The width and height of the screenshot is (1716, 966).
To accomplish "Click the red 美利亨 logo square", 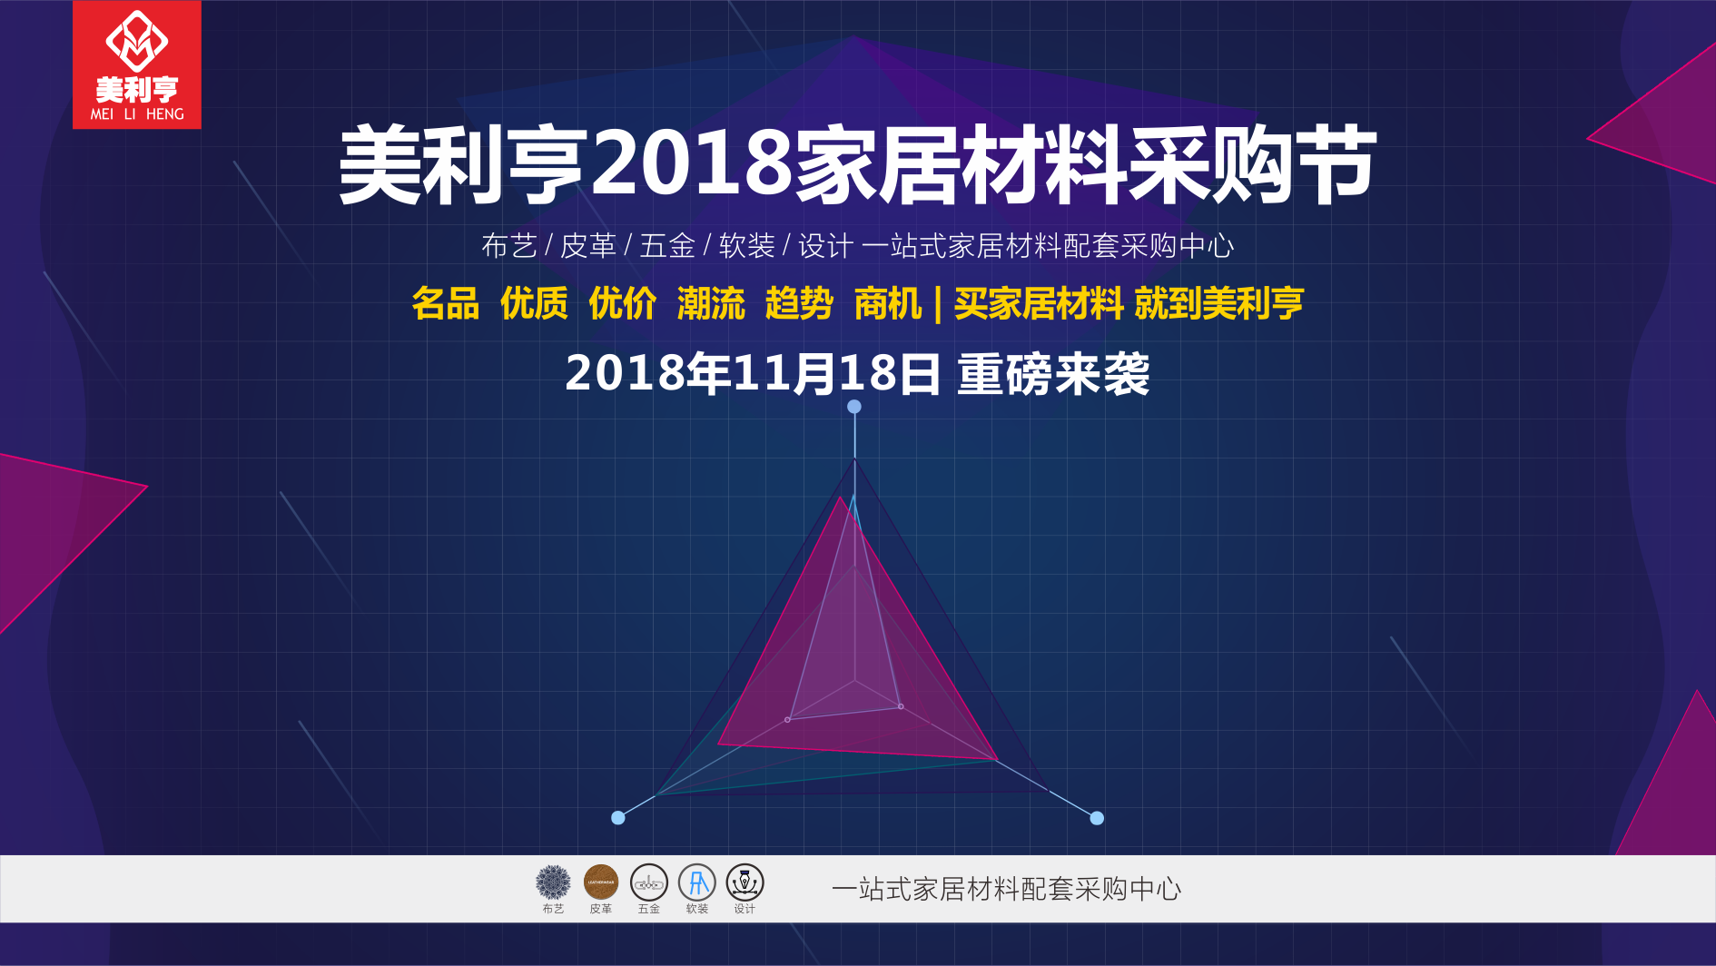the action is pyautogui.click(x=137, y=64).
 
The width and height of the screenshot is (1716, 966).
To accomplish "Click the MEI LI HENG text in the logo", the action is pyautogui.click(x=137, y=114).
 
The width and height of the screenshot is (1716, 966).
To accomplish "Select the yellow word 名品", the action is pyautogui.click(x=445, y=303).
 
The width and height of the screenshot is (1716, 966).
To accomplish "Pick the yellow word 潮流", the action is pyautogui.click(x=711, y=303).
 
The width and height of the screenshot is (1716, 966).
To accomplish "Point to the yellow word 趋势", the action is pyautogui.click(x=799, y=303).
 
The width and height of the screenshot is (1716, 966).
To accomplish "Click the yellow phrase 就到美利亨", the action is pyautogui.click(x=1218, y=303).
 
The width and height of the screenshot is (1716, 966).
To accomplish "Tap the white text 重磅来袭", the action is pyautogui.click(x=1053, y=374).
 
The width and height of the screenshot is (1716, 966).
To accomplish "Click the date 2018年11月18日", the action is pyautogui.click(x=753, y=374).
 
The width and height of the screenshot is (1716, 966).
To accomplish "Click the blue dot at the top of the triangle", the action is pyautogui.click(x=854, y=407).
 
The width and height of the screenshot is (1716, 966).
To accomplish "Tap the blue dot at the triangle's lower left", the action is pyautogui.click(x=618, y=818).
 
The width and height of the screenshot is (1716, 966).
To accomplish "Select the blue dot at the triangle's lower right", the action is pyautogui.click(x=1097, y=818).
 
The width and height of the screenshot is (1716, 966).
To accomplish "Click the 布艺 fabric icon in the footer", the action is pyautogui.click(x=553, y=882).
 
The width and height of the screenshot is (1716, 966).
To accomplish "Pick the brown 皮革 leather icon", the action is pyautogui.click(x=601, y=882).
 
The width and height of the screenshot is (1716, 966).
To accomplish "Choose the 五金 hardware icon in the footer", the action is pyautogui.click(x=649, y=882).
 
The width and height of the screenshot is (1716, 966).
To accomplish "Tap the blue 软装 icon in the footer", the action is pyautogui.click(x=697, y=882).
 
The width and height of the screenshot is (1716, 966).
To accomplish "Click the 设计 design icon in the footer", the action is pyautogui.click(x=745, y=882).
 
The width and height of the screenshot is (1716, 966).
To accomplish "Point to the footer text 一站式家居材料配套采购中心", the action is pyautogui.click(x=1006, y=889).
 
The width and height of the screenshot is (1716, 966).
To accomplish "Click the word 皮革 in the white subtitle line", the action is pyautogui.click(x=588, y=246).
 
